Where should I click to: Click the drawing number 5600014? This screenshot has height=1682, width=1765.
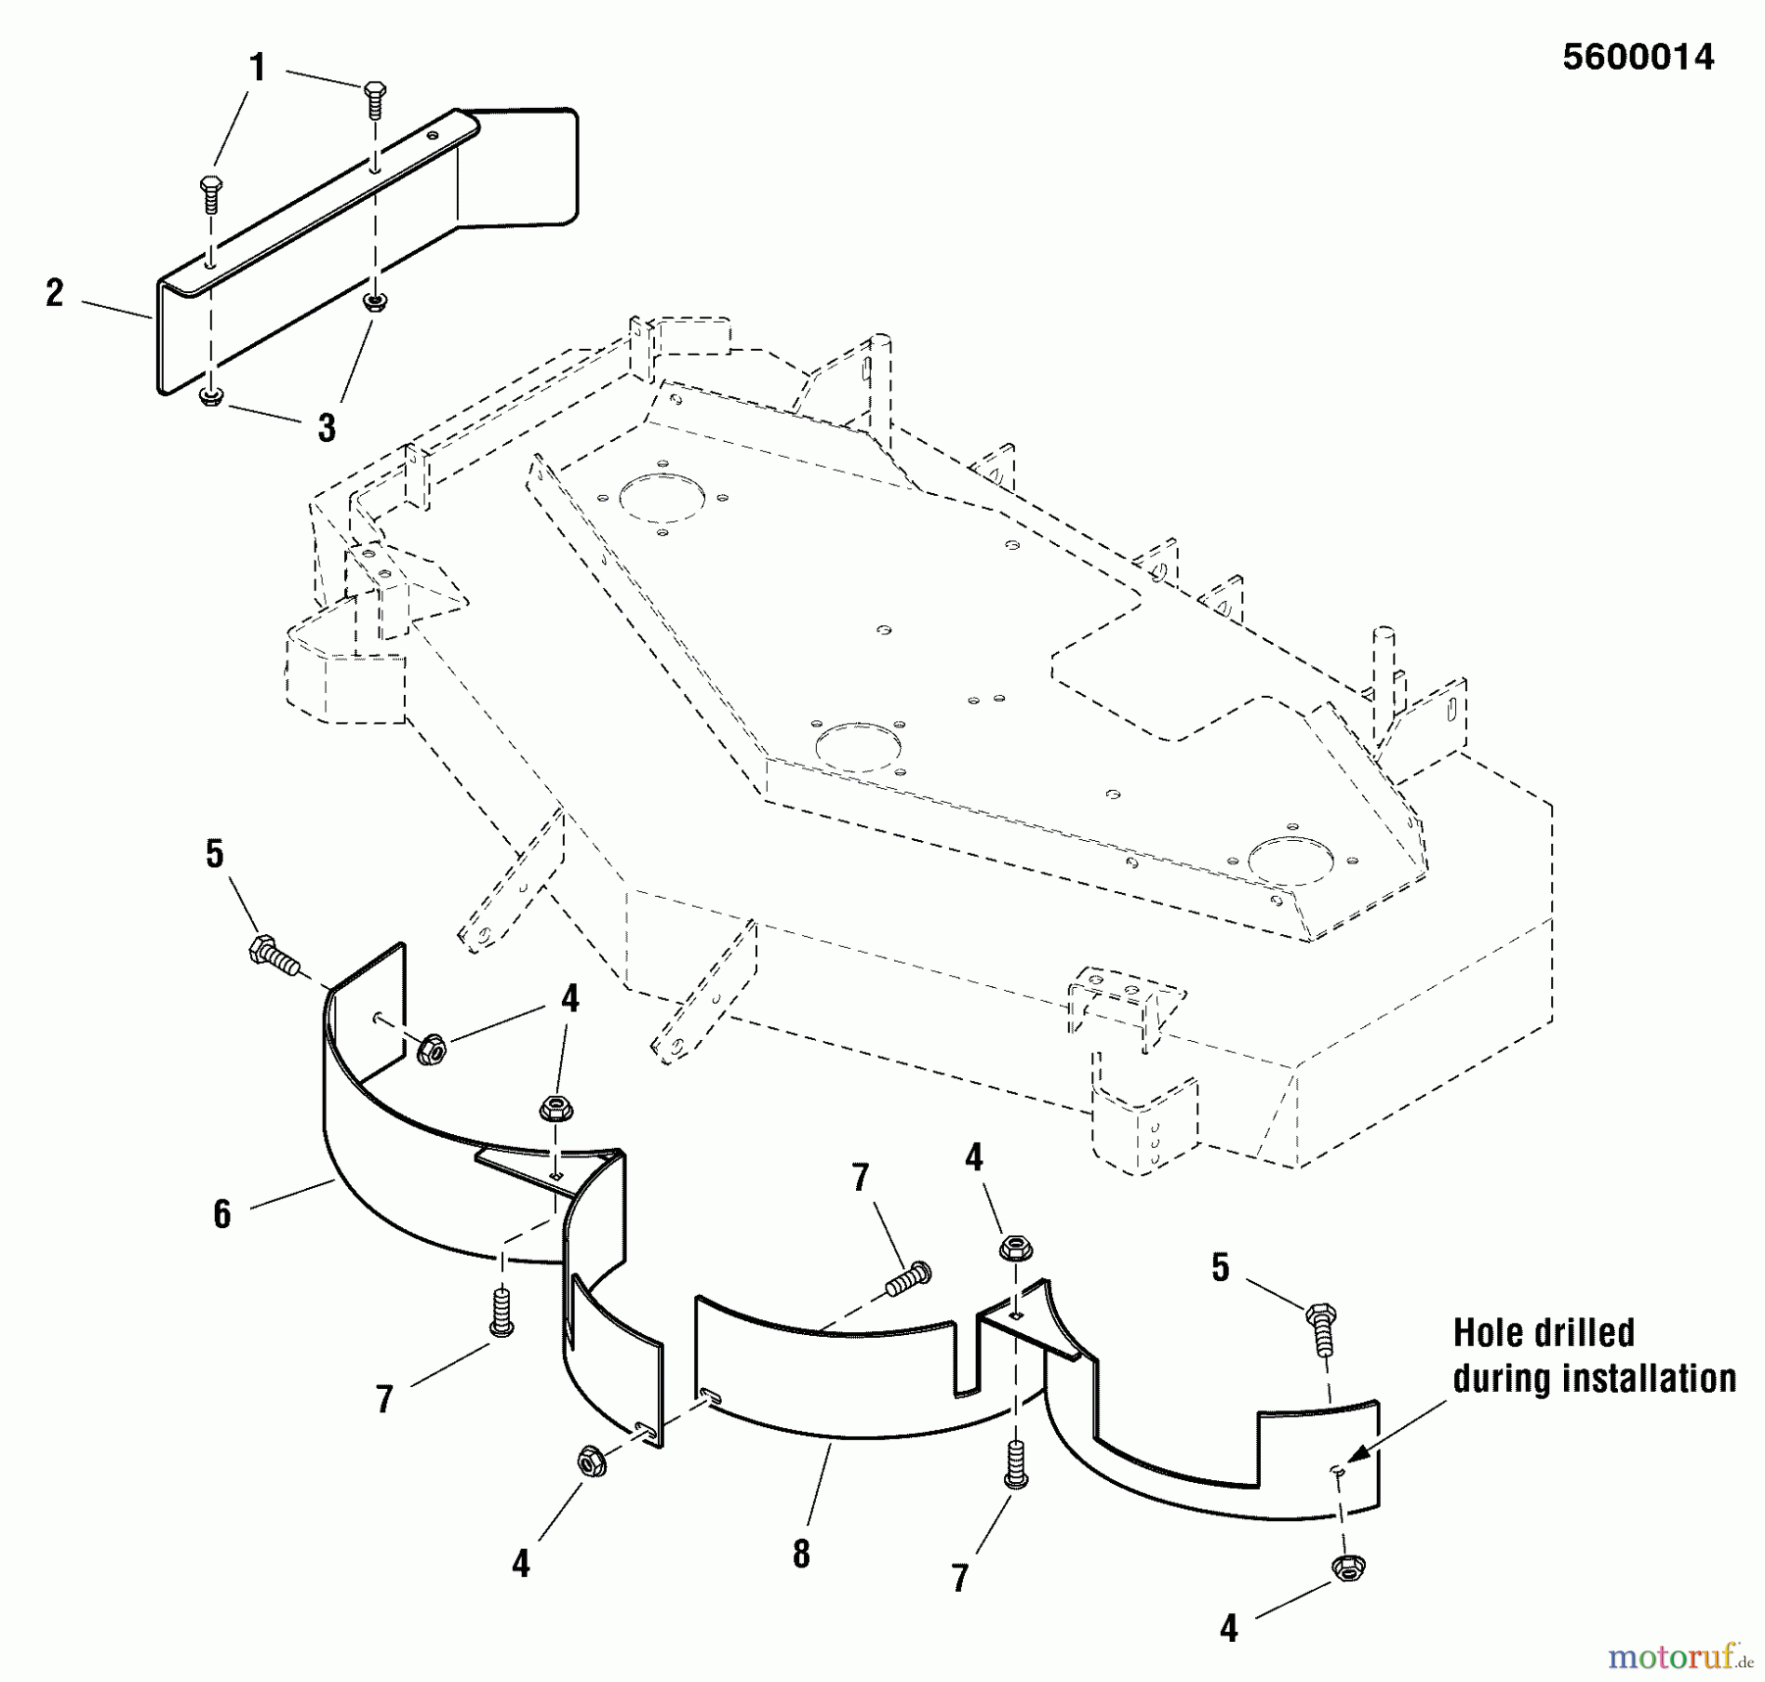pos(1638,57)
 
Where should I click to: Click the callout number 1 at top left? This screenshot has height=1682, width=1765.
pos(257,68)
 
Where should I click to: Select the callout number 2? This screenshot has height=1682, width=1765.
pos(55,293)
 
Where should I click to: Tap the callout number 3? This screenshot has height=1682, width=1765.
pos(327,427)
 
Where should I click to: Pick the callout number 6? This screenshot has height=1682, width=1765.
pos(223,1214)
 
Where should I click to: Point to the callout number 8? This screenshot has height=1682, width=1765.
pos(801,1554)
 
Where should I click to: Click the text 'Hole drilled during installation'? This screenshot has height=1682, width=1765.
pos(1593,1356)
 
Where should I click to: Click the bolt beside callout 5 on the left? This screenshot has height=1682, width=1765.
pos(273,955)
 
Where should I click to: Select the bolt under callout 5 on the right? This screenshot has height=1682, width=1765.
pos(1322,1325)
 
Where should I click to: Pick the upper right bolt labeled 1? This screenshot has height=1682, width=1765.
pos(375,99)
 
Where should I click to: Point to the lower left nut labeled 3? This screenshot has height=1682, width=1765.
pos(211,397)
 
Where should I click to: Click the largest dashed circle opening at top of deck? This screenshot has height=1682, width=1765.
pos(664,499)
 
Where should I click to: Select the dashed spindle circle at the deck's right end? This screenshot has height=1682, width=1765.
pos(1290,860)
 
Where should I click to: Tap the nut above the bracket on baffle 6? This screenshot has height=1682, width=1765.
pos(556,1110)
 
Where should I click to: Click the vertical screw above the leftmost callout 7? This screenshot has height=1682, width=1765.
pos(501,1311)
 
